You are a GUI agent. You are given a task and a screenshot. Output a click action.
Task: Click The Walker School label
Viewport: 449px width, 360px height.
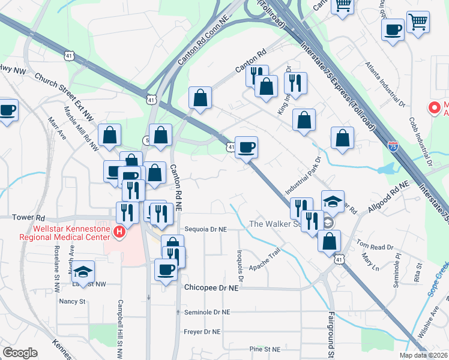click(276, 224)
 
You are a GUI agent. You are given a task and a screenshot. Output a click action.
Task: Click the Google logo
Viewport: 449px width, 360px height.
click(20, 352)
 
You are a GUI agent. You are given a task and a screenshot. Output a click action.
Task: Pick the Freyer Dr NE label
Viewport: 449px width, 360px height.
click(202, 331)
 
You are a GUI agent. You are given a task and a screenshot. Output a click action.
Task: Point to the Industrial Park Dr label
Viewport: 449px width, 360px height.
click(304, 178)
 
